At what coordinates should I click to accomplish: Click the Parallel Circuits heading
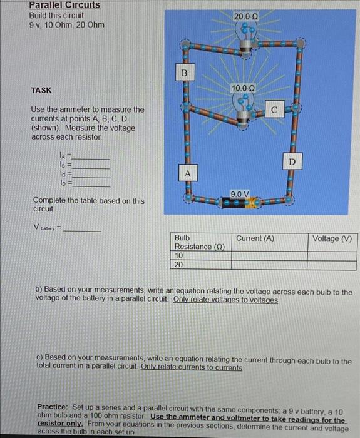coord(64,5)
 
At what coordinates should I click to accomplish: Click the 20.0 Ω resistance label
coord(245,15)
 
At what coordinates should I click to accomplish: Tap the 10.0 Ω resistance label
coord(243,89)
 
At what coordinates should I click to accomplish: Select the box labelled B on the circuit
coord(184,74)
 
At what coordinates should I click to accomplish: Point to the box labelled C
coord(274,111)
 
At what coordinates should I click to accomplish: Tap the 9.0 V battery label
coord(240,194)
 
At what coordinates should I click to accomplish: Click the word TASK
coord(41,90)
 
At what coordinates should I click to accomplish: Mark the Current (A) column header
coord(255,238)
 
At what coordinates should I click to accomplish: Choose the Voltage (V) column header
coord(332,238)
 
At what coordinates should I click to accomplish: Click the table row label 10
coord(179,255)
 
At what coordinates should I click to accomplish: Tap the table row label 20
coord(179,265)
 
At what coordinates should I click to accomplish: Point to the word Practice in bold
coord(57,406)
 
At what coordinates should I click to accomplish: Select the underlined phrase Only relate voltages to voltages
coord(225,300)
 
